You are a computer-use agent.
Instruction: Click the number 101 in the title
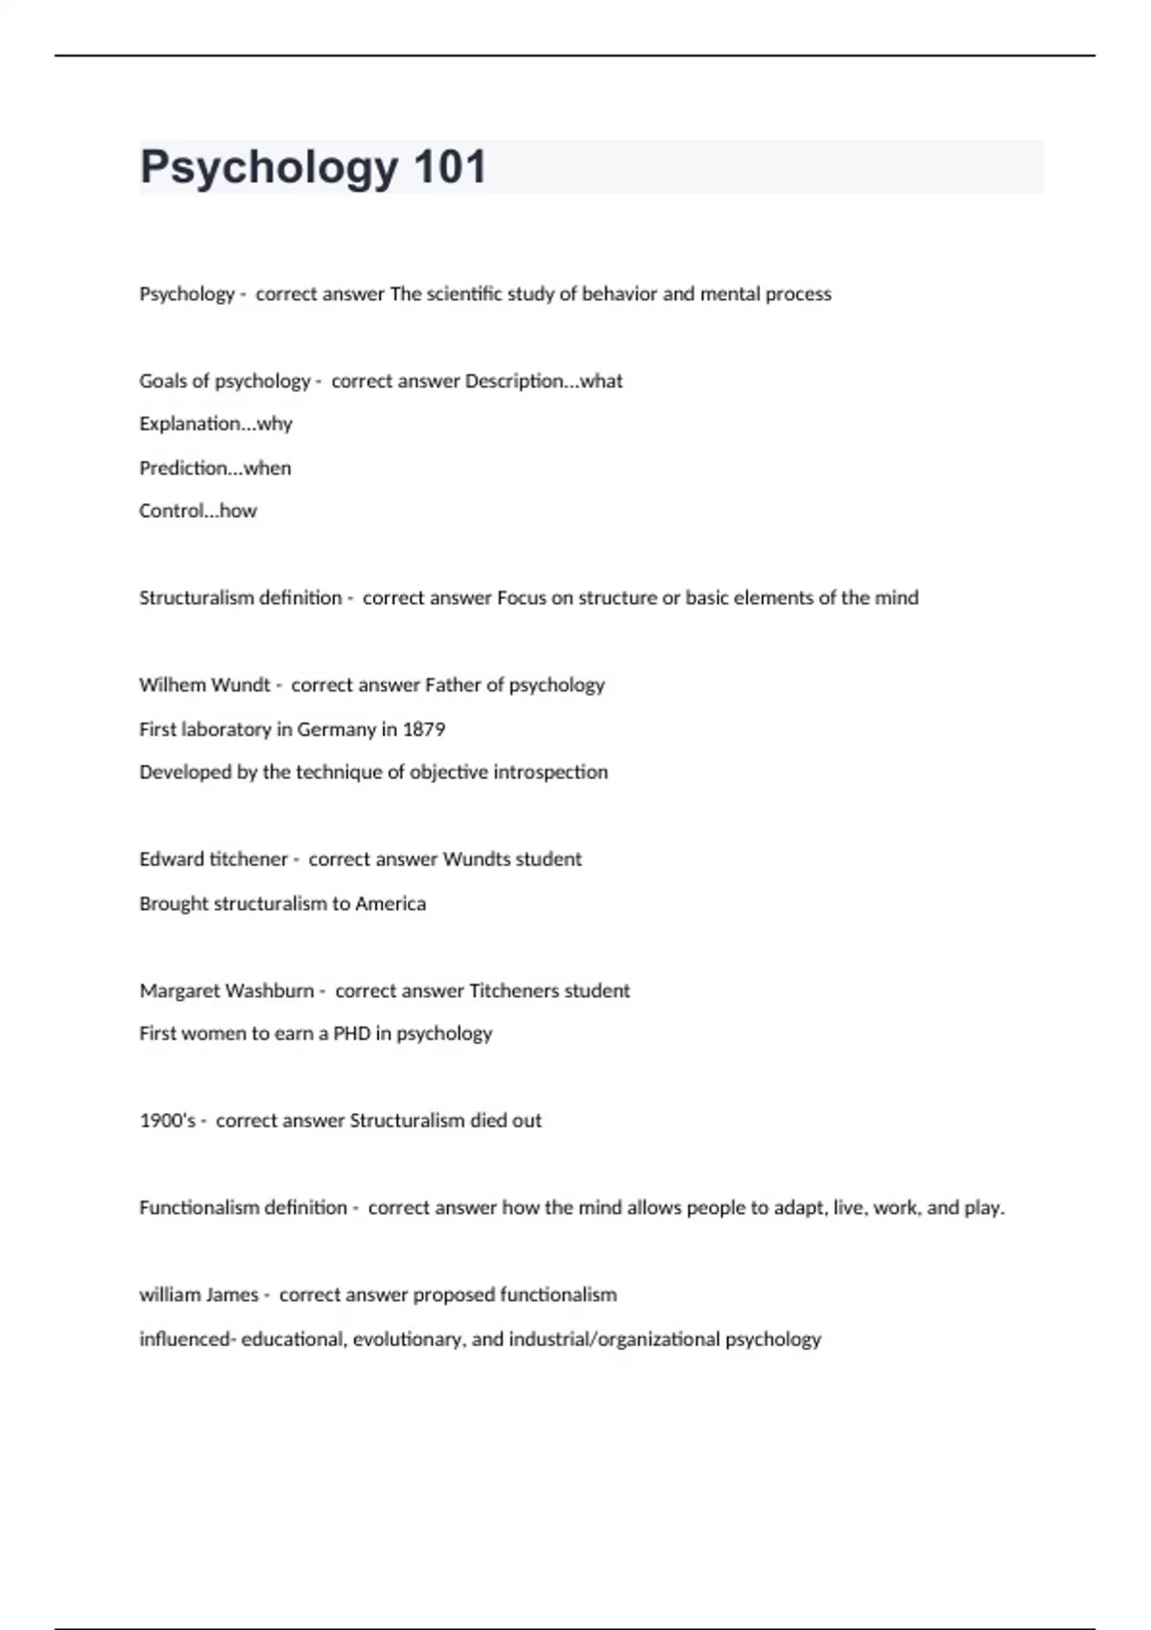(x=450, y=167)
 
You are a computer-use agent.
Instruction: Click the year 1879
(x=424, y=729)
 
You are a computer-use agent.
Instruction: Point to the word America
(x=390, y=903)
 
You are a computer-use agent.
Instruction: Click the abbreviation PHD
(x=352, y=1034)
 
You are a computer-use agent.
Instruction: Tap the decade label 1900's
(x=168, y=1120)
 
